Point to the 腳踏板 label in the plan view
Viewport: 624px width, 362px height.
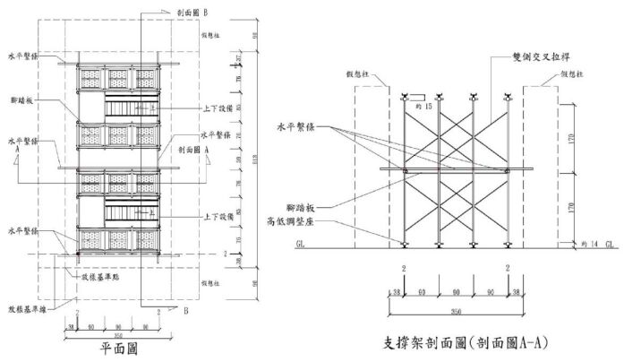(x=20, y=101)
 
